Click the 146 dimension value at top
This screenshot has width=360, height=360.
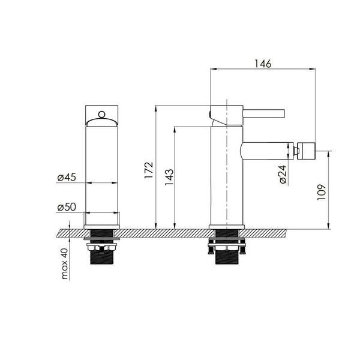[x=263, y=64]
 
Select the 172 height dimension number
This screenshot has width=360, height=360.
[x=149, y=170]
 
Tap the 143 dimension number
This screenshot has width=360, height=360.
[x=169, y=177]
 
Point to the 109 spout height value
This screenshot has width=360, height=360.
[x=322, y=192]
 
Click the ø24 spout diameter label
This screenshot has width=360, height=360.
[x=283, y=174]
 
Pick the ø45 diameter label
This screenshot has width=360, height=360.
[x=67, y=177]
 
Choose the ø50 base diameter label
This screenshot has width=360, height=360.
[x=67, y=207]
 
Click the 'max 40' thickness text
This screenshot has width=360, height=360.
[x=65, y=263]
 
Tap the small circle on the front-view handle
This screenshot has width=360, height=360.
[x=101, y=115]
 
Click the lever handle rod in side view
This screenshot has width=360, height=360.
[x=264, y=113]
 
